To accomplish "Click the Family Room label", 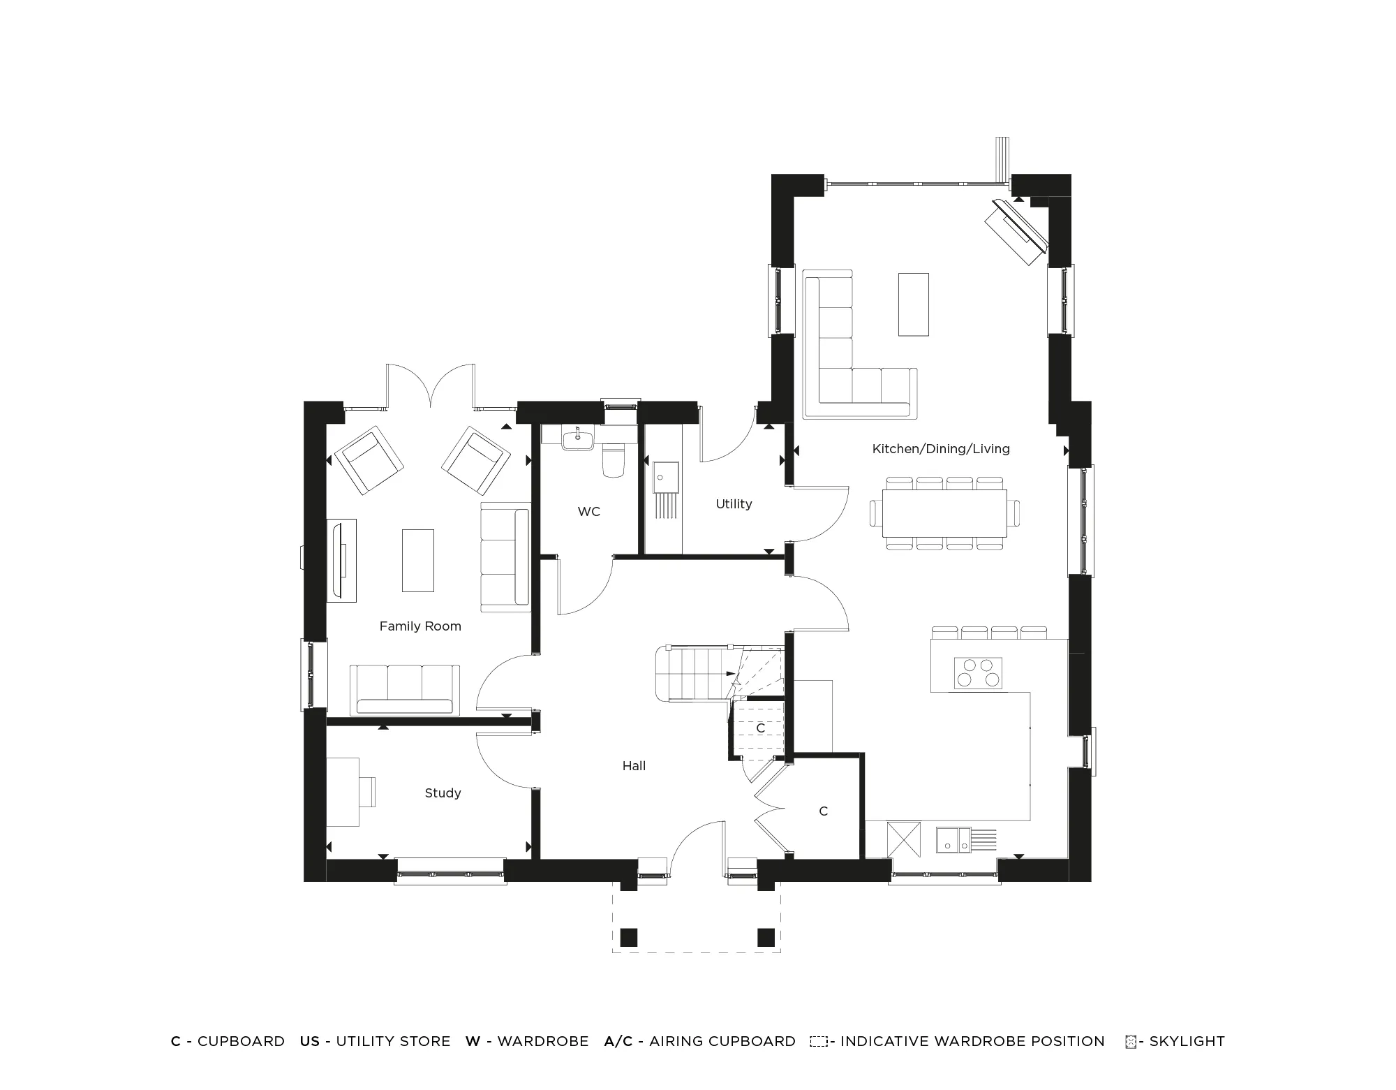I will (x=420, y=626).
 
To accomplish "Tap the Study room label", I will (x=443, y=793).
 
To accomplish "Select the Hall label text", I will (x=634, y=766).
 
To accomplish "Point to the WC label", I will (x=588, y=512).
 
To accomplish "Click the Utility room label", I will (x=734, y=504).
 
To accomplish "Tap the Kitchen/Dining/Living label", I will (x=941, y=449).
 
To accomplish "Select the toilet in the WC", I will (x=614, y=460).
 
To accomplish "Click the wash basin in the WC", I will (x=577, y=440).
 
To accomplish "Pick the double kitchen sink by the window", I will (x=954, y=840).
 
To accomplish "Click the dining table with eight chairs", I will (x=944, y=513).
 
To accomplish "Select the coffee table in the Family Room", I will (x=417, y=560).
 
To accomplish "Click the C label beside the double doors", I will (x=823, y=811).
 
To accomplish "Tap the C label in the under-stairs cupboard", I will (x=760, y=728).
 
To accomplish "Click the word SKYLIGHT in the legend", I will (x=1187, y=1041).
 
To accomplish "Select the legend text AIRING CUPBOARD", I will (x=722, y=1041).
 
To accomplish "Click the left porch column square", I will (x=629, y=937).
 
